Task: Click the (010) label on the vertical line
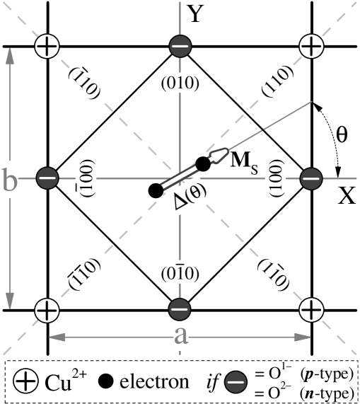click(x=180, y=83)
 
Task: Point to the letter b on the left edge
click(x=10, y=180)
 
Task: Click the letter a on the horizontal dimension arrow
click(x=181, y=335)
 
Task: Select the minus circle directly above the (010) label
click(x=180, y=47)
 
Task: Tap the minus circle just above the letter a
click(x=180, y=309)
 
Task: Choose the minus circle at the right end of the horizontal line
click(x=311, y=178)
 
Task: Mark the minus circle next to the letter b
click(x=47, y=178)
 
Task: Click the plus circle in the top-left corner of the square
click(x=47, y=47)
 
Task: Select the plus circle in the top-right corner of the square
click(x=311, y=47)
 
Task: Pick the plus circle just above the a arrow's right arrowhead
click(x=311, y=309)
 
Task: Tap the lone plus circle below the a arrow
click(x=25, y=381)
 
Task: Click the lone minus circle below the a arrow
click(x=236, y=382)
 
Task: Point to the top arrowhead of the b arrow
click(x=10, y=56)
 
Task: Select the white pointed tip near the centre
click(x=221, y=154)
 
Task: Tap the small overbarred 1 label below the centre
click(x=180, y=272)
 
